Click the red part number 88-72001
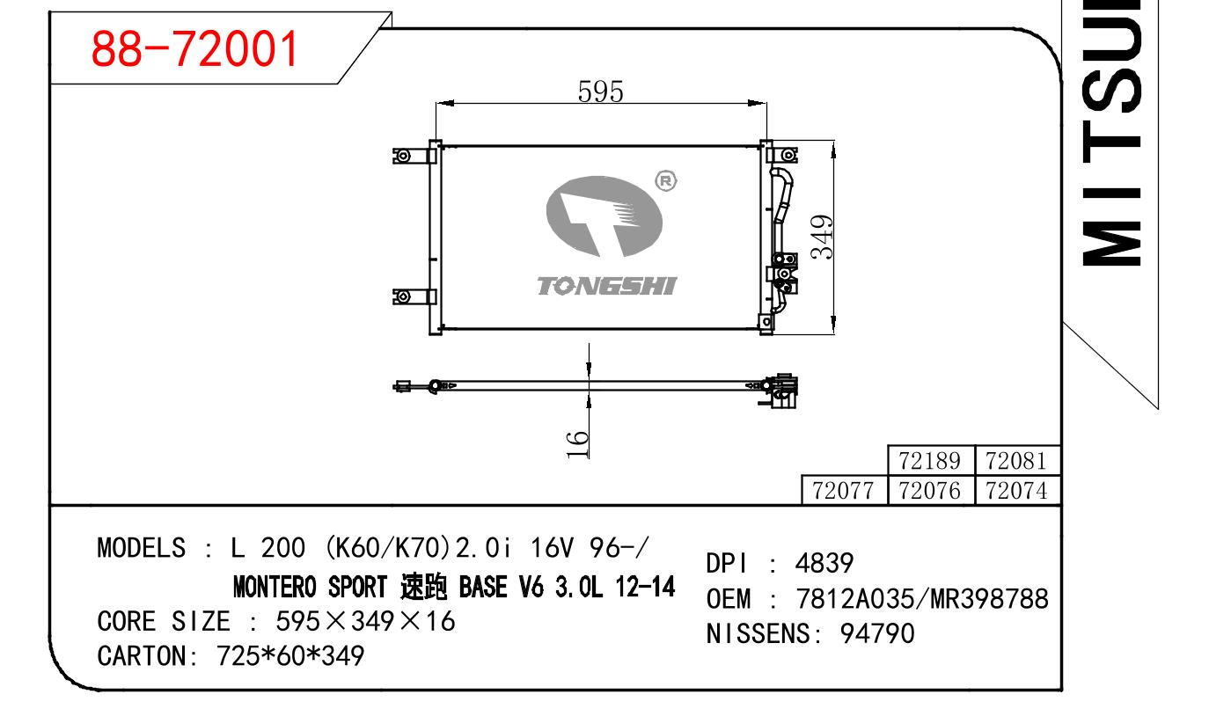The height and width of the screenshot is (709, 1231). pyautogui.click(x=194, y=49)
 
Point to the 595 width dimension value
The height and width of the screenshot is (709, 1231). pyautogui.click(x=601, y=91)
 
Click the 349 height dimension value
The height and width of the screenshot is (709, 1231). pyautogui.click(x=822, y=237)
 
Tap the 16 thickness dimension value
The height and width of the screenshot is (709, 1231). pyautogui.click(x=577, y=444)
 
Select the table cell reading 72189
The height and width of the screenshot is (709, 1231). pyautogui.click(x=929, y=461)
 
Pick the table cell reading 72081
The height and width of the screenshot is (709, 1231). pyautogui.click(x=1016, y=461)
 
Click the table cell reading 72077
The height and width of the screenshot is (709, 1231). pyautogui.click(x=843, y=491)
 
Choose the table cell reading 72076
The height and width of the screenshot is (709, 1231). pyautogui.click(x=929, y=491)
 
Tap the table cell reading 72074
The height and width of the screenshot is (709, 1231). pyautogui.click(x=1016, y=491)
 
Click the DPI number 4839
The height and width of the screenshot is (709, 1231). pyautogui.click(x=824, y=563)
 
